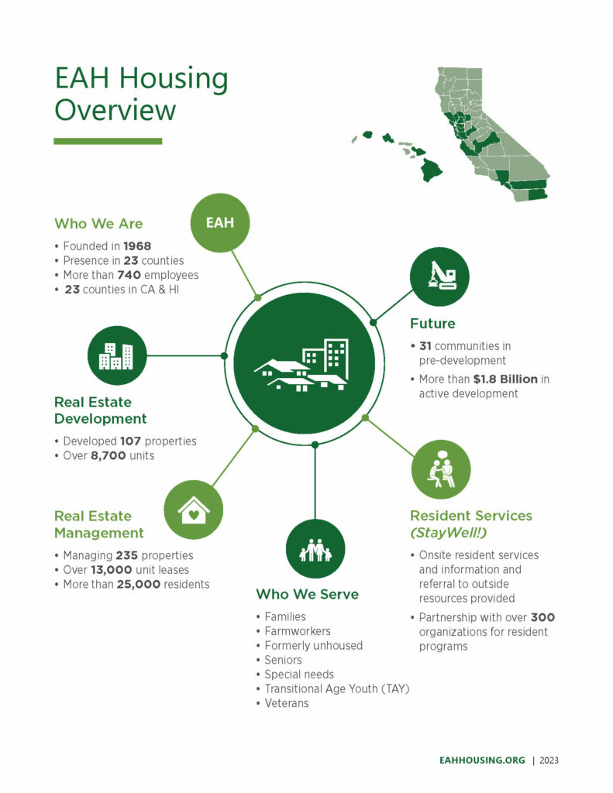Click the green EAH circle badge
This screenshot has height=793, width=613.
pos(219,223)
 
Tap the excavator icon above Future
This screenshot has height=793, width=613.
pos(439,276)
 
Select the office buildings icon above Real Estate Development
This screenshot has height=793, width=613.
pos(117,355)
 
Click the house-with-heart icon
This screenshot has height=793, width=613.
pos(194,510)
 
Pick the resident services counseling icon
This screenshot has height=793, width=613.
pos(440,469)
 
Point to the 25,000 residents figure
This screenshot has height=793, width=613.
pos(140,584)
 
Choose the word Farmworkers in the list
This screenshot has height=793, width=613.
pos(298,631)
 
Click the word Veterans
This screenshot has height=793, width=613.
pos(287,703)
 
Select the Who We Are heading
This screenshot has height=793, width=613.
pos(98,224)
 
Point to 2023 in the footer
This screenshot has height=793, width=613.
pos(546,760)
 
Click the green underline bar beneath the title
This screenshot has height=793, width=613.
pos(108,141)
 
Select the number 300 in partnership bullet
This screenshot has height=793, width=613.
pos(542,617)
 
